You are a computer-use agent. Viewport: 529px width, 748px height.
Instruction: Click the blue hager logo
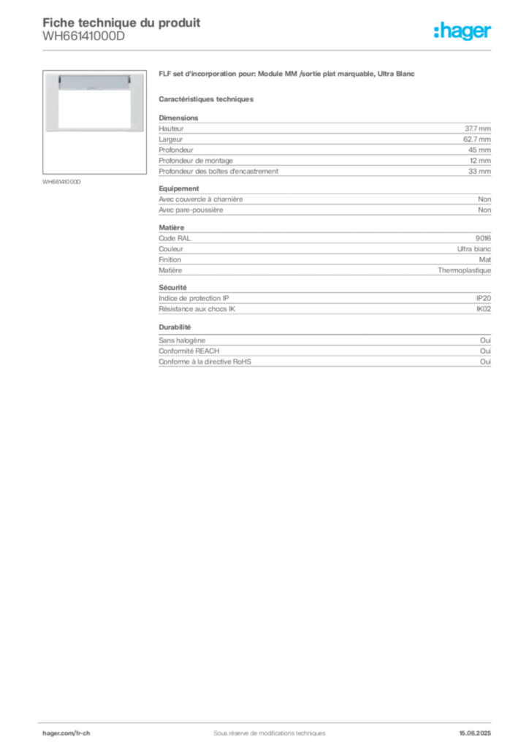464,32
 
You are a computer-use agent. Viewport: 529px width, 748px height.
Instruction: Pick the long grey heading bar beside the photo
289,75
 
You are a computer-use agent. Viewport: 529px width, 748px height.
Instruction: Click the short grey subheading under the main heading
207,98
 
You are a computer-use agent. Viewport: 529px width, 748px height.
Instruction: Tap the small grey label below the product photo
61,181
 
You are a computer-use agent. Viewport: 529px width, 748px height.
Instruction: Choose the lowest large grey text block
324,353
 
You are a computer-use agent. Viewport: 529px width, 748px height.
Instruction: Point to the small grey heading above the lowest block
175,327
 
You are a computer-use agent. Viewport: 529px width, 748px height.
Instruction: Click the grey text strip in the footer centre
263,728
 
